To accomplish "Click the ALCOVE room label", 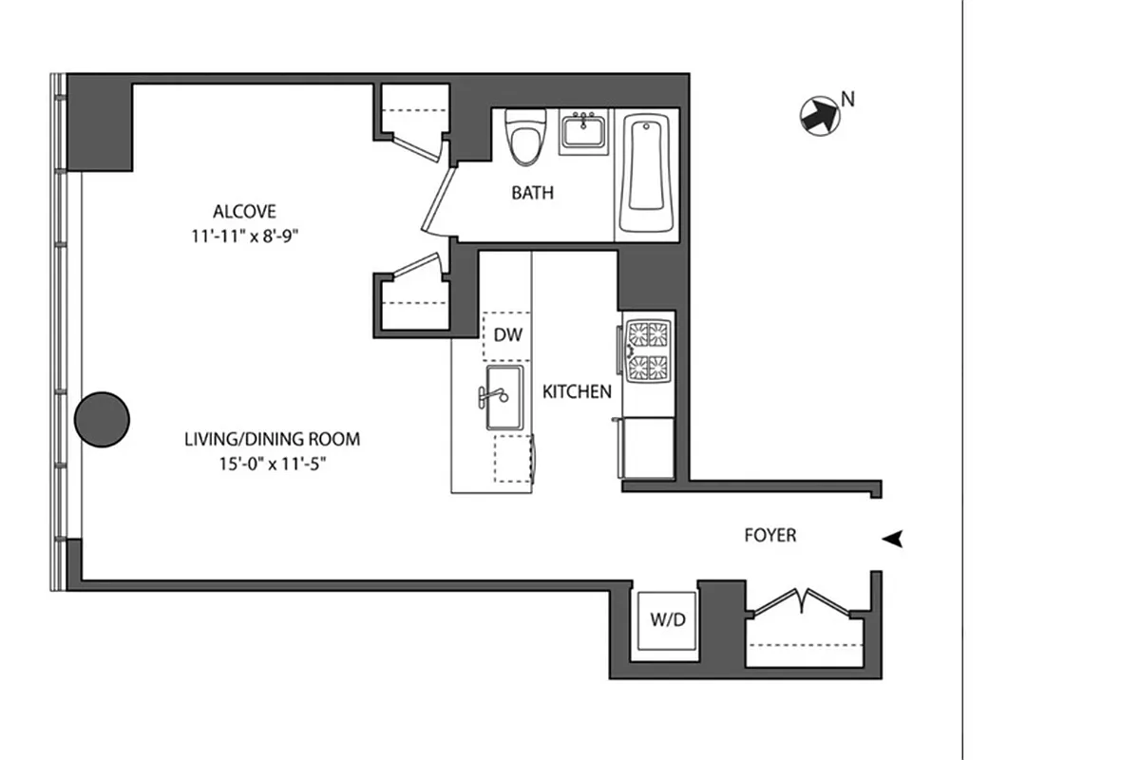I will [244, 211].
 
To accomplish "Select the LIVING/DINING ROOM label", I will [272, 439].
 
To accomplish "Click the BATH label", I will [532, 193].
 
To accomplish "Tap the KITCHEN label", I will [577, 391].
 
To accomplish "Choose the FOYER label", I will [770, 536].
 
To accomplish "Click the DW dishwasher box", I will [508, 335].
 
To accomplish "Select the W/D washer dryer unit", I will [667, 620].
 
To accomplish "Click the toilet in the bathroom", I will [522, 138].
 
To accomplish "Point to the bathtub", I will [649, 171].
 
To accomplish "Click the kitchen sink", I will [504, 397].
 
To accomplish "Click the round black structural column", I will [102, 420].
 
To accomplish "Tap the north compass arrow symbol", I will [819, 116].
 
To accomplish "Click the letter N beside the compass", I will [849, 97].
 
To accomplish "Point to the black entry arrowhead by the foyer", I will [891, 539].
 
